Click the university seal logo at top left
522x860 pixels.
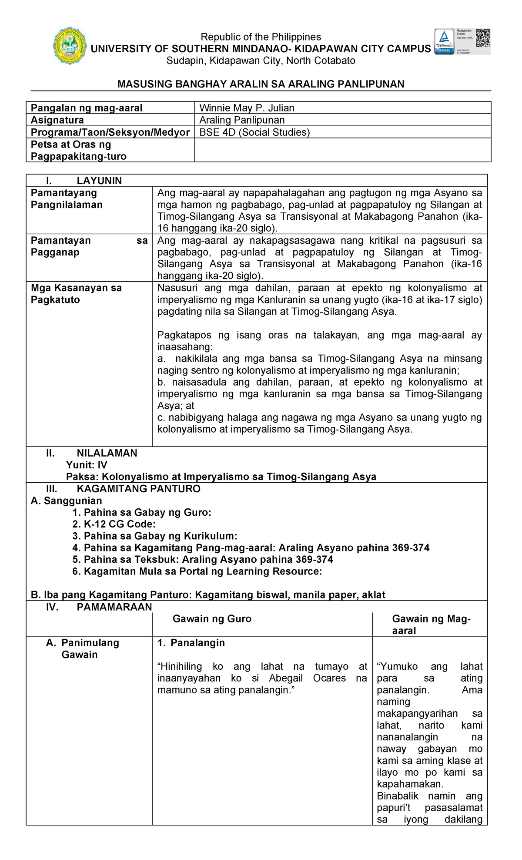point(69,46)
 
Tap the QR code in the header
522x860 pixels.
point(483,38)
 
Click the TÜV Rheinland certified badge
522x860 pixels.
point(444,42)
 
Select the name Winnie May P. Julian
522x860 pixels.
point(247,108)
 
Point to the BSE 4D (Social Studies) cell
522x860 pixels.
point(254,132)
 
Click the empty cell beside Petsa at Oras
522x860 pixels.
point(342,150)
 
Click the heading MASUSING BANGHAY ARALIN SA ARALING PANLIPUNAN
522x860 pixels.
point(261,84)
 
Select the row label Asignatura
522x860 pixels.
point(57,120)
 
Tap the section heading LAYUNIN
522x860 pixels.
point(99,181)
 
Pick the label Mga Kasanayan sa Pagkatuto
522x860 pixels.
point(76,294)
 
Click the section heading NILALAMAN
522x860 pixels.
point(107,453)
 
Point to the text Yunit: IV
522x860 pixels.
point(87,465)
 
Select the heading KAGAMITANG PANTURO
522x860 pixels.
point(138,489)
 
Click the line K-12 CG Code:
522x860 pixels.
point(114,524)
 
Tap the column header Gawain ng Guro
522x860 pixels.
point(212,619)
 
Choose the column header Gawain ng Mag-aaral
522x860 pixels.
point(431,625)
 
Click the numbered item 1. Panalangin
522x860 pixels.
point(191,643)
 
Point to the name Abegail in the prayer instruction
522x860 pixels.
point(286,678)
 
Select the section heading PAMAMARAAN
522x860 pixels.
point(114,607)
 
